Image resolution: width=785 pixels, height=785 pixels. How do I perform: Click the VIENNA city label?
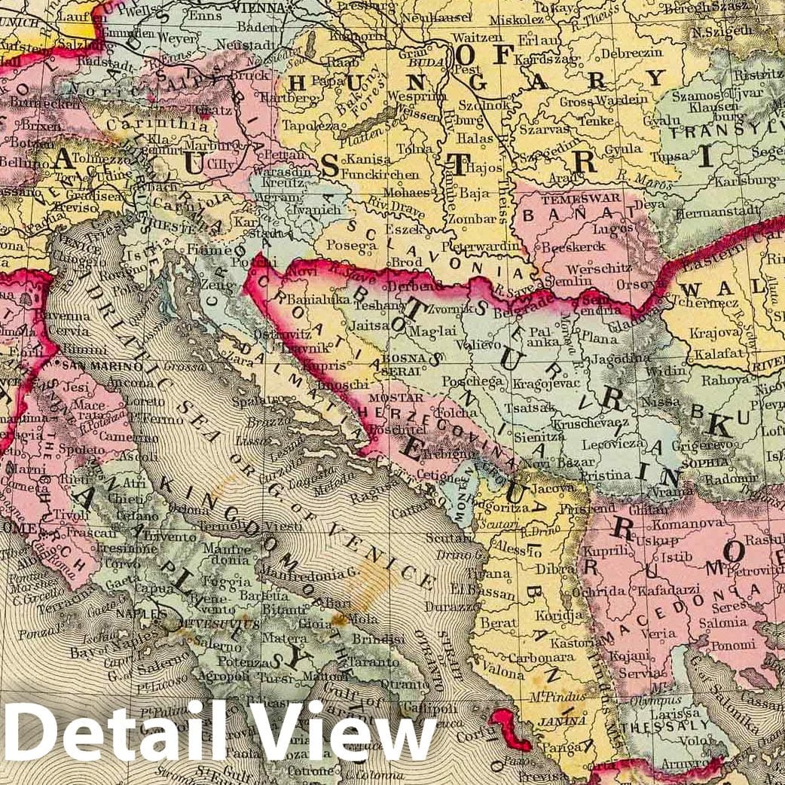coord(256,8)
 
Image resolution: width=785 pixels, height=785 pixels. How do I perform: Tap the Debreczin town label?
coord(636,53)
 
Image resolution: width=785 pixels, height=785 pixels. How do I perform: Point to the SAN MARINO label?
coord(98,365)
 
